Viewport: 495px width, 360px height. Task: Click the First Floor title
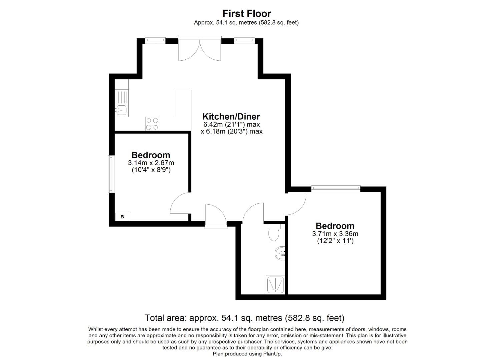(x=247, y=14)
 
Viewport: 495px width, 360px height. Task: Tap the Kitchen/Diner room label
(x=231, y=117)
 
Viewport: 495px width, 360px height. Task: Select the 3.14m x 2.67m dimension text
(x=151, y=163)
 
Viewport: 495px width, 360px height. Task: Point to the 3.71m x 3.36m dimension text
(x=335, y=234)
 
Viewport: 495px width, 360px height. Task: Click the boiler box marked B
(x=122, y=217)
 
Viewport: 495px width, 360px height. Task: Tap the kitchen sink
(x=121, y=109)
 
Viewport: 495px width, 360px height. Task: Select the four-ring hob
(x=152, y=124)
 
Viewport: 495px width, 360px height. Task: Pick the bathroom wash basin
(x=281, y=253)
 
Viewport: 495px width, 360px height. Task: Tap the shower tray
(x=275, y=285)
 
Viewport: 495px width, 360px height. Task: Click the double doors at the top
(x=200, y=49)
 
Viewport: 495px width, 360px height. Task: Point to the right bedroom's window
(x=336, y=189)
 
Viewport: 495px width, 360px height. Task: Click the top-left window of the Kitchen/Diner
(x=155, y=41)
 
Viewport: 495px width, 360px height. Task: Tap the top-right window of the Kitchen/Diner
(x=244, y=41)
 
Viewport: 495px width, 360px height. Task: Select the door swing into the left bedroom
(x=180, y=204)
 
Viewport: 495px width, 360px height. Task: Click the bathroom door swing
(x=253, y=213)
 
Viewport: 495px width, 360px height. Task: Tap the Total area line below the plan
(x=244, y=318)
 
